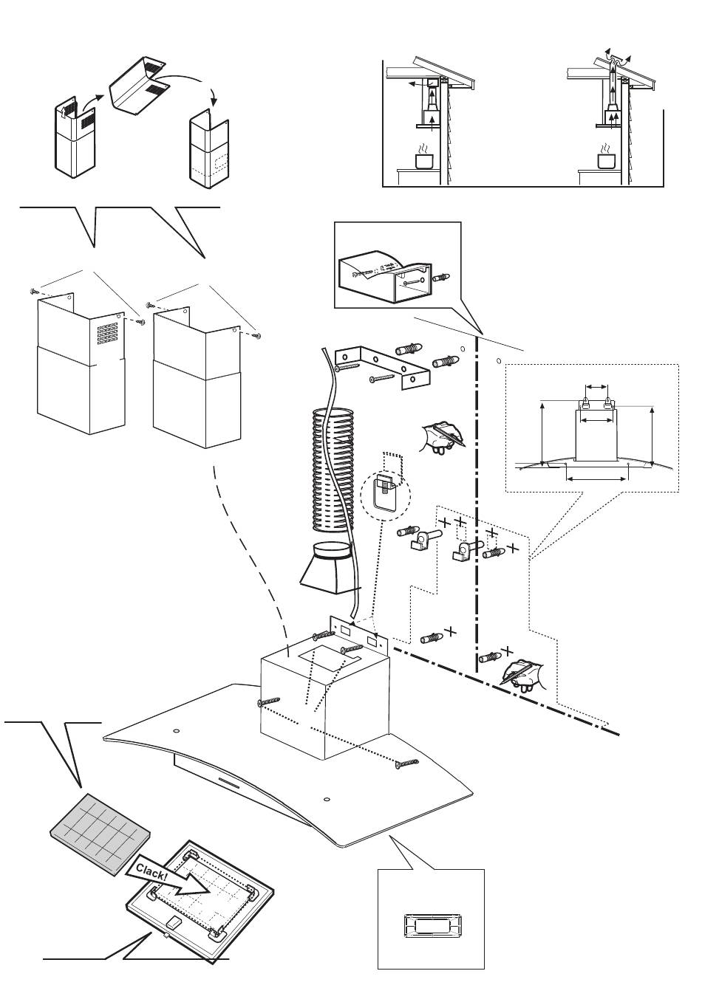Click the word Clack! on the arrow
151,868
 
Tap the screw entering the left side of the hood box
267,701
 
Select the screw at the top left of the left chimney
34,292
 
